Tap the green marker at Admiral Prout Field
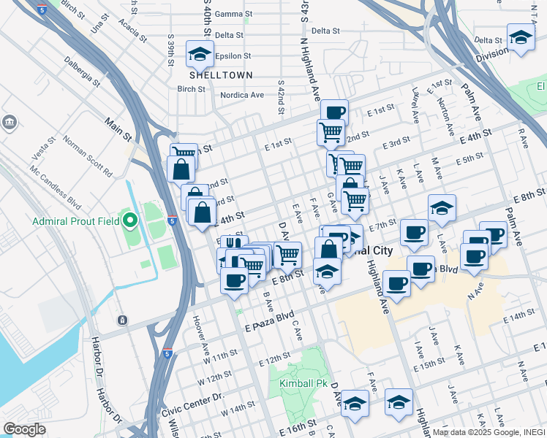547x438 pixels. [130, 220]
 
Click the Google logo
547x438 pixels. [24, 429]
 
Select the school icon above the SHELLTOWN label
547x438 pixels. [199, 53]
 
